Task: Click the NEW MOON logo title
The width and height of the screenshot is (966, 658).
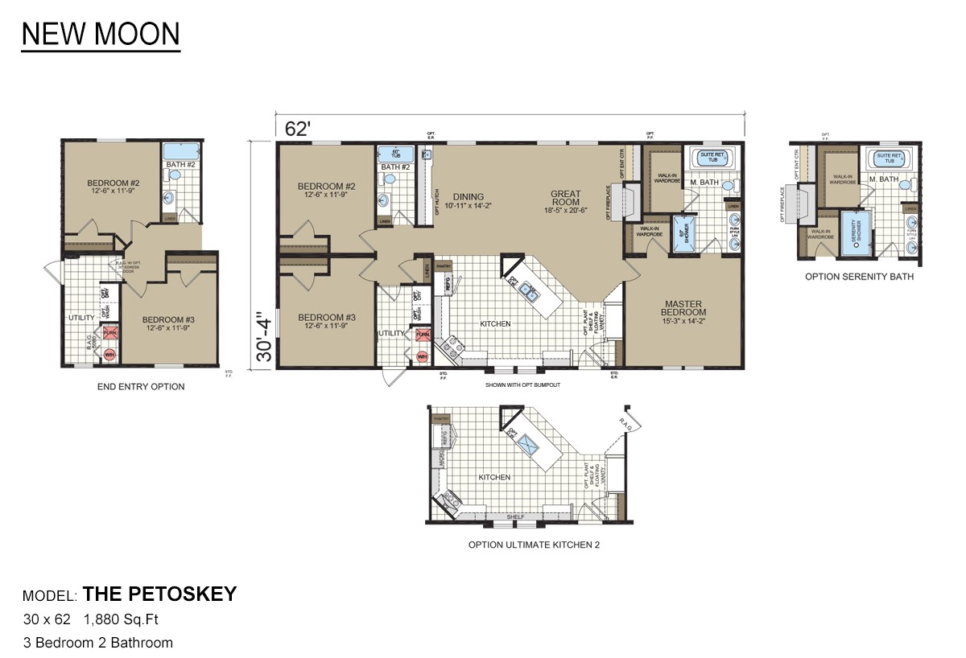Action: point(101,35)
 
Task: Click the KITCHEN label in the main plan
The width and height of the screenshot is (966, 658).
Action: point(494,324)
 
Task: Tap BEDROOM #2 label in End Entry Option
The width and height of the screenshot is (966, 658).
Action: point(112,183)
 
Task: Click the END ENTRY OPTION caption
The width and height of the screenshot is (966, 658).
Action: point(141,387)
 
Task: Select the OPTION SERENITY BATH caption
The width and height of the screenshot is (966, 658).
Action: point(859,276)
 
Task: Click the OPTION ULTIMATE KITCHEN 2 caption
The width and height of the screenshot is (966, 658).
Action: point(534,545)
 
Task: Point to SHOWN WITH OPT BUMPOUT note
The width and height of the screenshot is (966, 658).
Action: point(522,385)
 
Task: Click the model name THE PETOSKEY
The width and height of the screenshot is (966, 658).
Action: point(160,594)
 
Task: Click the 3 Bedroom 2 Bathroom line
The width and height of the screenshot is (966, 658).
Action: point(97,643)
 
